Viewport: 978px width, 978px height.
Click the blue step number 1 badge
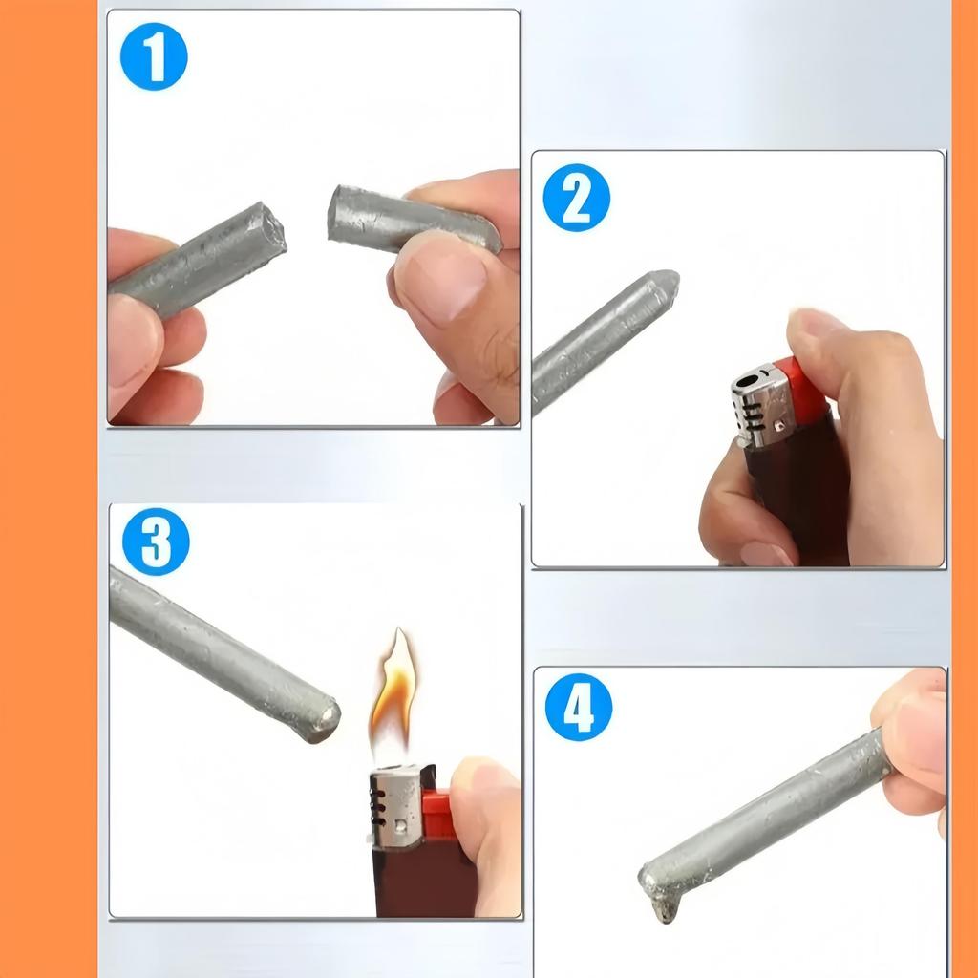click(x=154, y=56)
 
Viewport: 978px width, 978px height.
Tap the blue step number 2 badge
click(x=576, y=198)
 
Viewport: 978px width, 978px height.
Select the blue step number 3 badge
click(x=156, y=542)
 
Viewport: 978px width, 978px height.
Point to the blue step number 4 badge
click(x=578, y=707)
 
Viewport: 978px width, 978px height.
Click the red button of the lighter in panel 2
click(x=807, y=392)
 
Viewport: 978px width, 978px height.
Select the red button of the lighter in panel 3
click(x=438, y=815)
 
